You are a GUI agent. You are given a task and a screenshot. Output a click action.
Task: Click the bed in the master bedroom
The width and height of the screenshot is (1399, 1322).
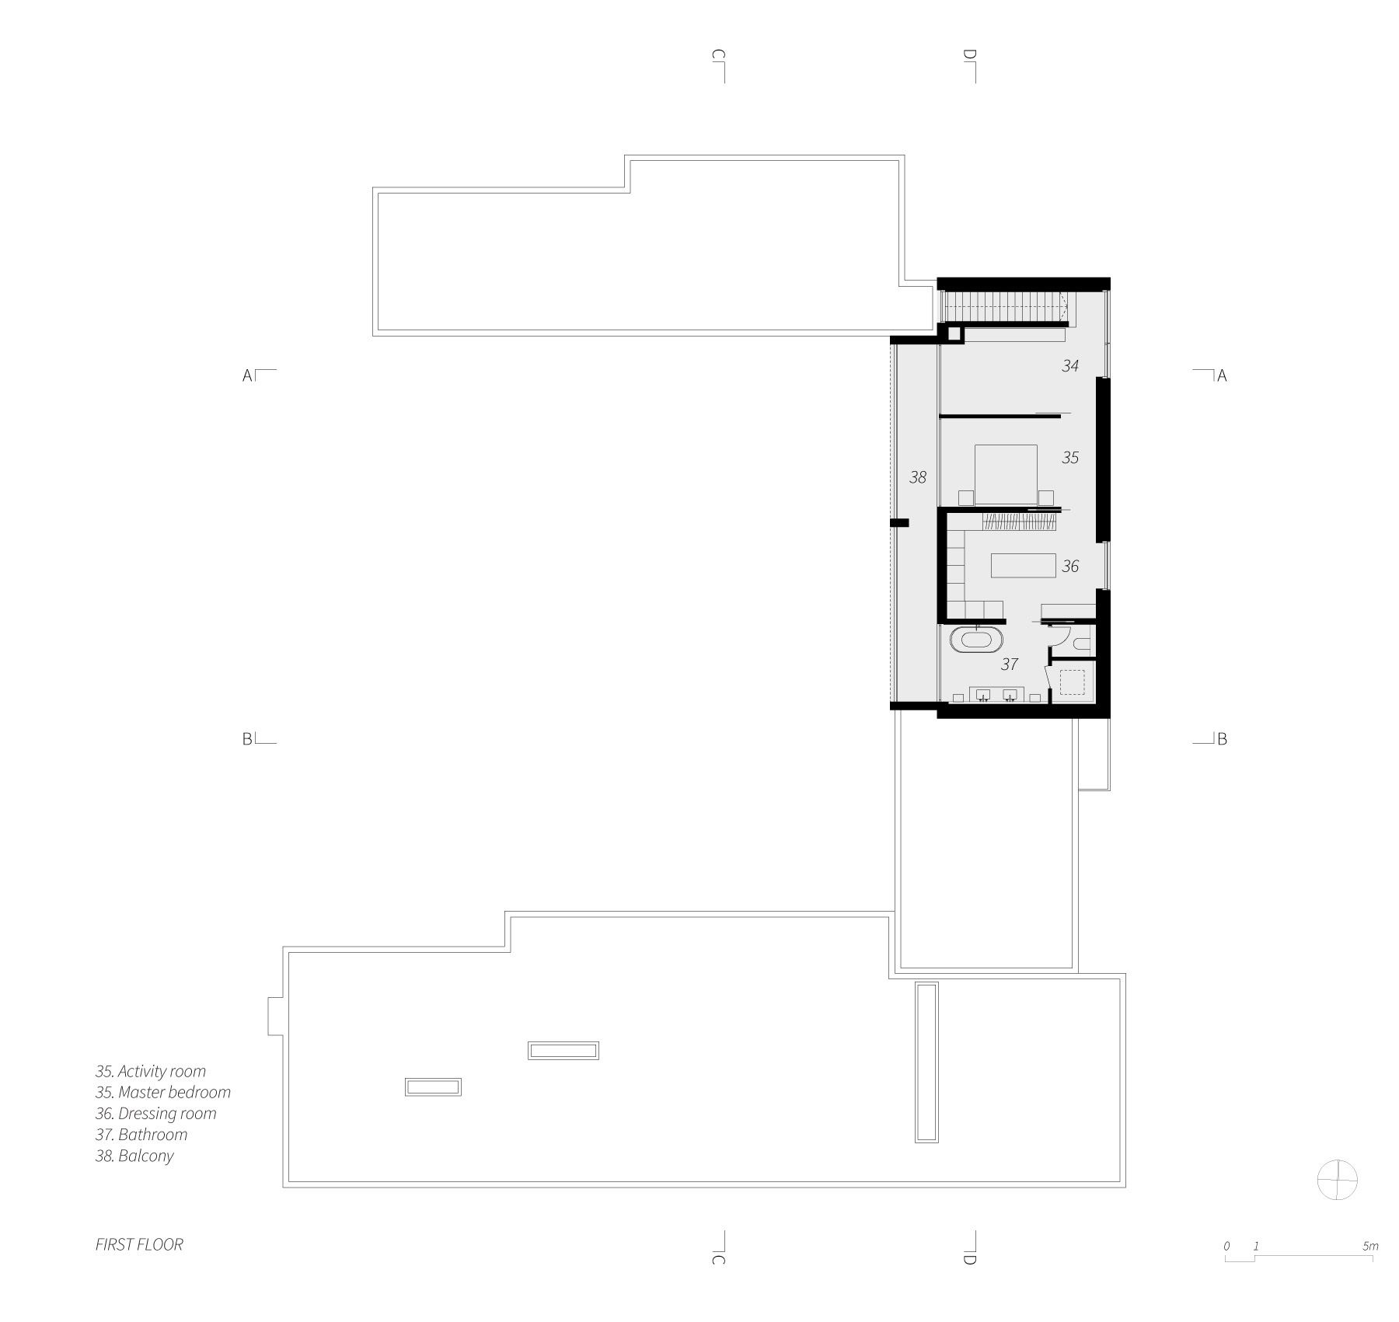pyautogui.click(x=1006, y=474)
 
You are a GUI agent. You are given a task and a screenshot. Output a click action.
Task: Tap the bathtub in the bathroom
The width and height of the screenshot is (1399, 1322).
pyautogui.click(x=976, y=640)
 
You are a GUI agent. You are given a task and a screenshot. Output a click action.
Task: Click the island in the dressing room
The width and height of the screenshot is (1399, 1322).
pyautogui.click(x=1023, y=565)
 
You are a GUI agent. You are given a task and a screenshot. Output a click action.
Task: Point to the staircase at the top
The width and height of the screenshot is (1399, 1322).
pyautogui.click(x=1003, y=306)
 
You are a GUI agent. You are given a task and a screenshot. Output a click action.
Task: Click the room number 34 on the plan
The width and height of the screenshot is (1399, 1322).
pyautogui.click(x=1070, y=365)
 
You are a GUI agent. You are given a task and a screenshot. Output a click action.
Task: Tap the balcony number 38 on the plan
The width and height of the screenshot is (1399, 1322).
pyautogui.click(x=918, y=477)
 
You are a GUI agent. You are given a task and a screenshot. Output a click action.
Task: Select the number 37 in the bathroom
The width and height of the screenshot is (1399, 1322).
pyautogui.click(x=1009, y=664)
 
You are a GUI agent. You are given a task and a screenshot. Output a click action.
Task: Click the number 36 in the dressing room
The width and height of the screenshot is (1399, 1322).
pyautogui.click(x=1070, y=567)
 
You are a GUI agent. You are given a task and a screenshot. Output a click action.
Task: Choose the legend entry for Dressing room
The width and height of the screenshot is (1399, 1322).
pyautogui.click(x=155, y=1114)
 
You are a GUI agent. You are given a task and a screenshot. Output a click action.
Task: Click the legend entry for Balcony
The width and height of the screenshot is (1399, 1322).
pyautogui.click(x=134, y=1156)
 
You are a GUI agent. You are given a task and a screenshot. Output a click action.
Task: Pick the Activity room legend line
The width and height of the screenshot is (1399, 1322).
pyautogui.click(x=151, y=1072)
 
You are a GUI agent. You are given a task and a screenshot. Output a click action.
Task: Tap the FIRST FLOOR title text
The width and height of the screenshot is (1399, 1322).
pyautogui.click(x=139, y=1244)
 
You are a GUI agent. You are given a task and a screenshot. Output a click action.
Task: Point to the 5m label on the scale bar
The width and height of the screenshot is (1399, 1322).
pyautogui.click(x=1370, y=1246)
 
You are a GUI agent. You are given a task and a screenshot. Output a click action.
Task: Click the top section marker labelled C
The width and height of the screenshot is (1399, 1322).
pyautogui.click(x=719, y=65)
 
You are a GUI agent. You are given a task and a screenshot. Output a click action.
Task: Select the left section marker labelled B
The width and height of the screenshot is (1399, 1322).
pyautogui.click(x=259, y=738)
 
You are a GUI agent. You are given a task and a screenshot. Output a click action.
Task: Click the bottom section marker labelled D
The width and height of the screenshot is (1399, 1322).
pyautogui.click(x=970, y=1248)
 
